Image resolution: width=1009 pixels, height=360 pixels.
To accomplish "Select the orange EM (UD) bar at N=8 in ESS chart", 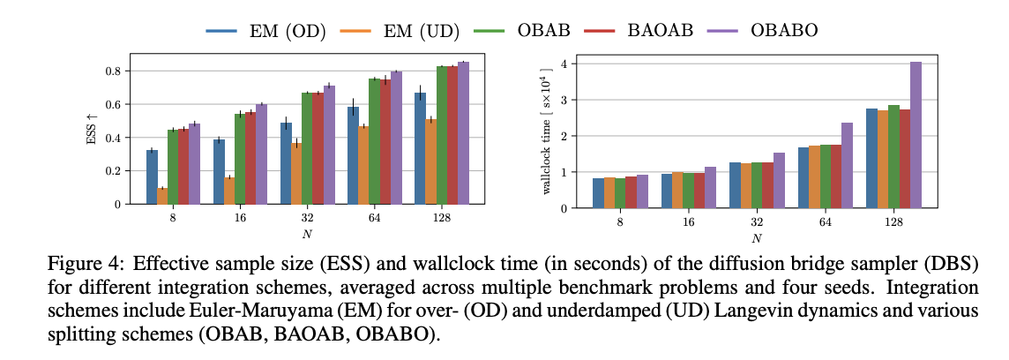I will pyautogui.click(x=162, y=196).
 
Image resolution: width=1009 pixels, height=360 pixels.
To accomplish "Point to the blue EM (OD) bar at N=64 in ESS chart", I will pyautogui.click(x=353, y=155).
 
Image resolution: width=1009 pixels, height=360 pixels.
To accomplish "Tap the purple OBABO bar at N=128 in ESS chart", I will pyautogui.click(x=463, y=132).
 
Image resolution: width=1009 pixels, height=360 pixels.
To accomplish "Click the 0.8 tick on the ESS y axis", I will pyautogui.click(x=114, y=71).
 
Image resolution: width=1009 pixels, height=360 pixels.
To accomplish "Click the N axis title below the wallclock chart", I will pyautogui.click(x=757, y=237).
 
